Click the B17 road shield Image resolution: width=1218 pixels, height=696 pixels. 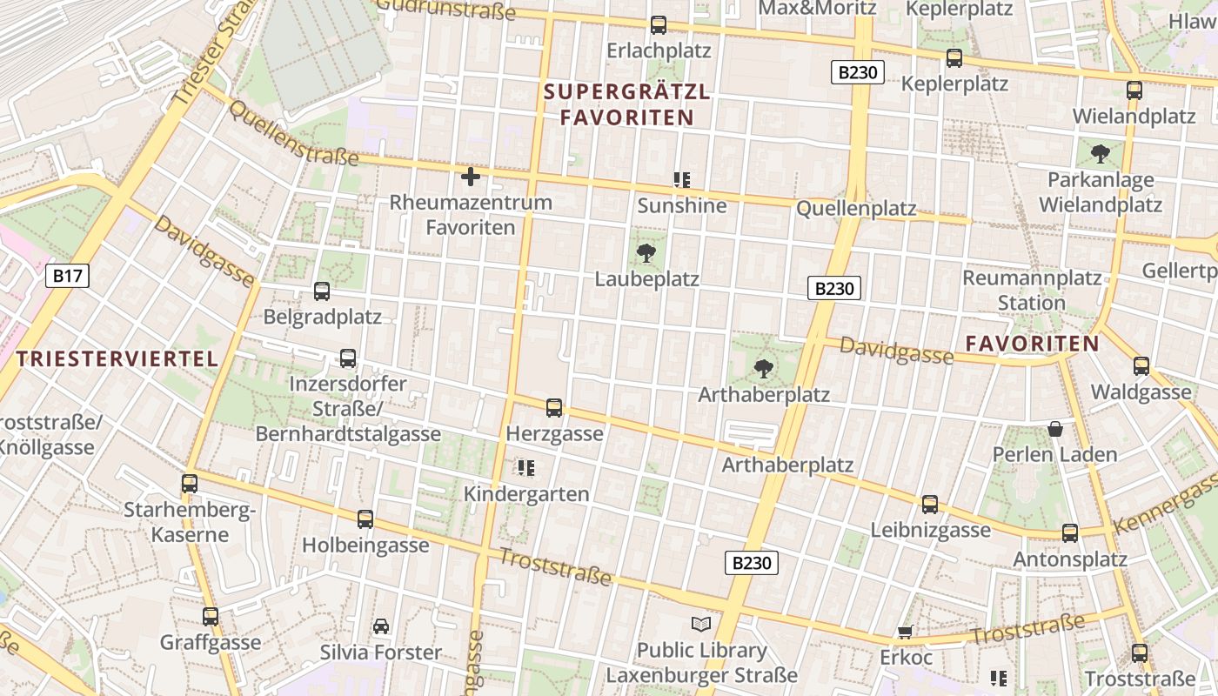67,277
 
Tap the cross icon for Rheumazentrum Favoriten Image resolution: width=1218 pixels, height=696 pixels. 471,177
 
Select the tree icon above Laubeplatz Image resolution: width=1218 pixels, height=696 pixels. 646,254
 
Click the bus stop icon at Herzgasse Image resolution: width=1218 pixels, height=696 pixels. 554,408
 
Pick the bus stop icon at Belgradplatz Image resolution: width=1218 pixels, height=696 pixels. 322,291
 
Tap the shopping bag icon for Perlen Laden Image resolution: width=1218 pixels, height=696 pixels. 1055,429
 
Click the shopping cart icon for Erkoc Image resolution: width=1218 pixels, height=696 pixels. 905,632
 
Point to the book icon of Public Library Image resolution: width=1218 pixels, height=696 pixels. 701,625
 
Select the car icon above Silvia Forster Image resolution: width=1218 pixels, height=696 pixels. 381,626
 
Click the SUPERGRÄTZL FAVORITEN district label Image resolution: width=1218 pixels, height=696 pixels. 626,104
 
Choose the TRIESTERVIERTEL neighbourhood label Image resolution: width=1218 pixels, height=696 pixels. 117,358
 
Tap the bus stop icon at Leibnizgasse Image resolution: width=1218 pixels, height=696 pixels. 930,505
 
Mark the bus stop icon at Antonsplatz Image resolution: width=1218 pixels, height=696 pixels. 1070,533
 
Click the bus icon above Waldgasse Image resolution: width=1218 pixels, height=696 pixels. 1141,366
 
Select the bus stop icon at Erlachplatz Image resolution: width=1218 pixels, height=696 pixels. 659,25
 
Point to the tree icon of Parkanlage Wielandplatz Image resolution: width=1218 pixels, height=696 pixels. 1101,155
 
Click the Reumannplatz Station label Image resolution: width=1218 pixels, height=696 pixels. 1032,291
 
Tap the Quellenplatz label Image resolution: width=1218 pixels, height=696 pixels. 856,208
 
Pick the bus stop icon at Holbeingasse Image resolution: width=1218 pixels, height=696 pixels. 365,519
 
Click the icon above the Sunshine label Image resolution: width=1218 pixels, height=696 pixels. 682,180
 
